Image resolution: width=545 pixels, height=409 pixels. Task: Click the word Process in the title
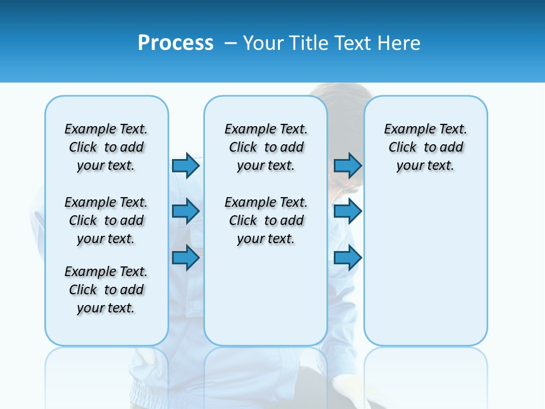point(175,43)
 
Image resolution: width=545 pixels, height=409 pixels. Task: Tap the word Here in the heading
point(400,43)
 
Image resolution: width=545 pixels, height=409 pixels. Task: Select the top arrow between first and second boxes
point(186,165)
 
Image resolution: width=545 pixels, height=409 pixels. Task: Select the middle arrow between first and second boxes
point(186,211)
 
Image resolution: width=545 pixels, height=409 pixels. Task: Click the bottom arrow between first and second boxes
point(186,258)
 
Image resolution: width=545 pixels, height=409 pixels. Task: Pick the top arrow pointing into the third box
point(347,165)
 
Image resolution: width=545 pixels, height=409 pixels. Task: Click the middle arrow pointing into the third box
point(347,211)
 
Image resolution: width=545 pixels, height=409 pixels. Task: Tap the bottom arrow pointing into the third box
point(347,258)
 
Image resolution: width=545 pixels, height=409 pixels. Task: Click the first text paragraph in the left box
point(106,147)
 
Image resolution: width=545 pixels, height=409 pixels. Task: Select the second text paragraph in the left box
point(106,220)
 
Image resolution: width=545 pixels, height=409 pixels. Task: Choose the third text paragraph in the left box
point(106,290)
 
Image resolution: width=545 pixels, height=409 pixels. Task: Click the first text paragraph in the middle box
point(266,147)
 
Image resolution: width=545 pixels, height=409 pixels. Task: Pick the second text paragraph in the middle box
point(266,220)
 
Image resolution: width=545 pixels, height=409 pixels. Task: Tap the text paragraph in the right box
point(426,147)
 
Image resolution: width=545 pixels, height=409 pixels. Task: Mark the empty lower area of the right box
point(426,267)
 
